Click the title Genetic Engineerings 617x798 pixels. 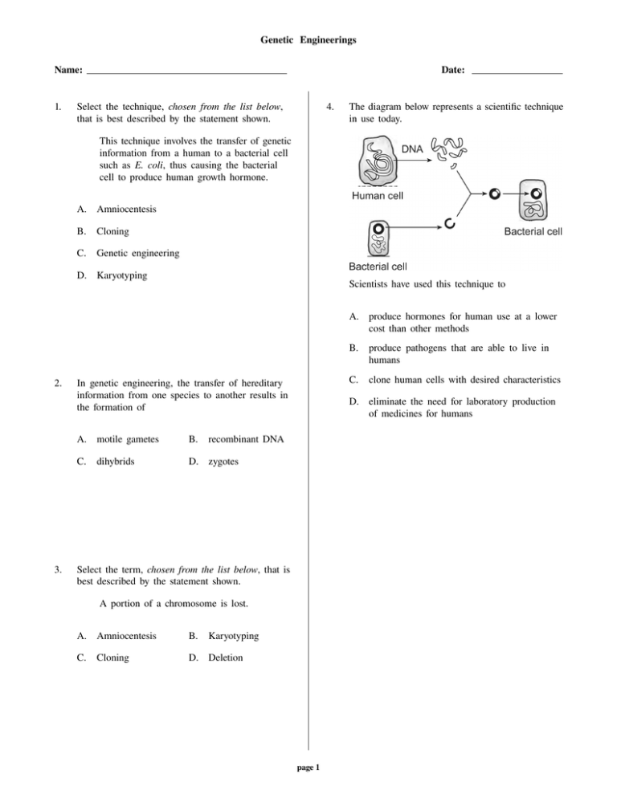pos(308,38)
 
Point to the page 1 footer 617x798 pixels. pos(308,767)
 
